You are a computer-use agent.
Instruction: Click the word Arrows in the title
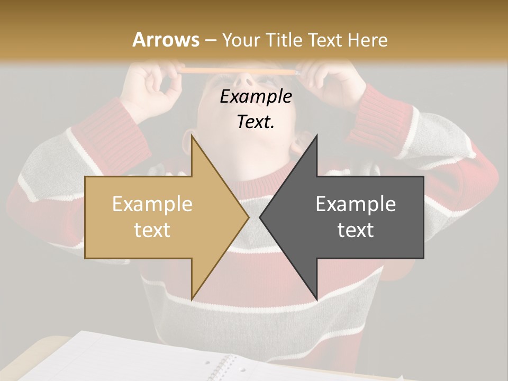[x=166, y=40]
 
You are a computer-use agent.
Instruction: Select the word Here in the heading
[x=368, y=40]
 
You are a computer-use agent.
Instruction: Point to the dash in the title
[x=211, y=40]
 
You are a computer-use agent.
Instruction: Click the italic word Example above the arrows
[x=256, y=97]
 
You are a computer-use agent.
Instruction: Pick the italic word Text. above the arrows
[x=256, y=122]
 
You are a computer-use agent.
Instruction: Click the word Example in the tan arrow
[x=152, y=204]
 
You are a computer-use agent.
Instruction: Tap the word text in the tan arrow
[x=152, y=230]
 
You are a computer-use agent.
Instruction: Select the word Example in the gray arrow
[x=356, y=204]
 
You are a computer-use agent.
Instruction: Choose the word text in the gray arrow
[x=356, y=230]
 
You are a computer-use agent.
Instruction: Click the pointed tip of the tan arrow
[x=249, y=216]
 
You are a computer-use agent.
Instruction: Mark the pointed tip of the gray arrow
[x=260, y=216]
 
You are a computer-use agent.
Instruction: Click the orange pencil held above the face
[x=238, y=70]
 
